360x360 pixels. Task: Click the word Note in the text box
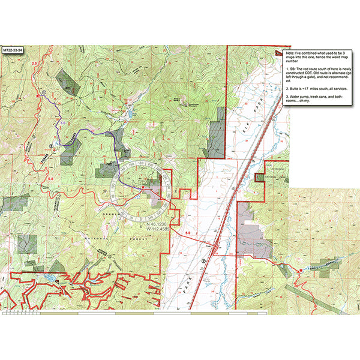(x=292, y=53)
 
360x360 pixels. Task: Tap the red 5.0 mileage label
(x=187, y=232)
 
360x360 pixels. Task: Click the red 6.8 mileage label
(x=51, y=178)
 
